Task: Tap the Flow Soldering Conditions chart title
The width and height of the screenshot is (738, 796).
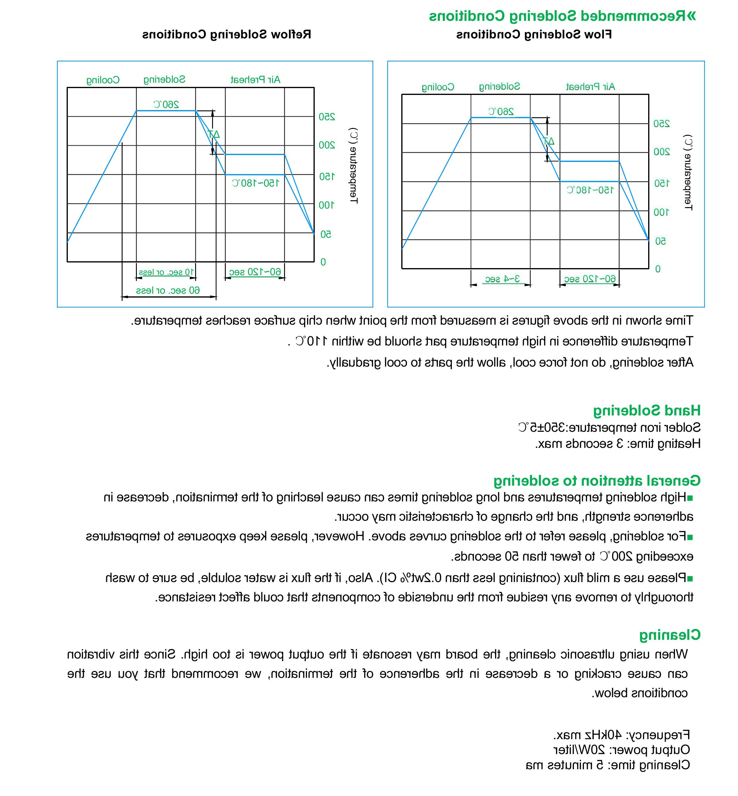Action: tap(534, 35)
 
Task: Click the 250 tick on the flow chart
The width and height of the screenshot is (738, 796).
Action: tap(662, 124)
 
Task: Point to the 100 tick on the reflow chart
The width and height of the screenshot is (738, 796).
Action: tap(326, 205)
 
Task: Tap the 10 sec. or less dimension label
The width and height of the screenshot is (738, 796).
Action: tap(166, 272)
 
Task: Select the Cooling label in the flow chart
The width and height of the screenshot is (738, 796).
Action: tap(438, 87)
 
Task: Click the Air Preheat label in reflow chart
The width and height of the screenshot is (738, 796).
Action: tap(256, 80)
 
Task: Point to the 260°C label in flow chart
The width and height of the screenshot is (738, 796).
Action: tap(501, 111)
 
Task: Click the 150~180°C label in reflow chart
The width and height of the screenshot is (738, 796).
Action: tap(256, 183)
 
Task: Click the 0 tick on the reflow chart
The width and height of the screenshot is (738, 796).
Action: tap(323, 262)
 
